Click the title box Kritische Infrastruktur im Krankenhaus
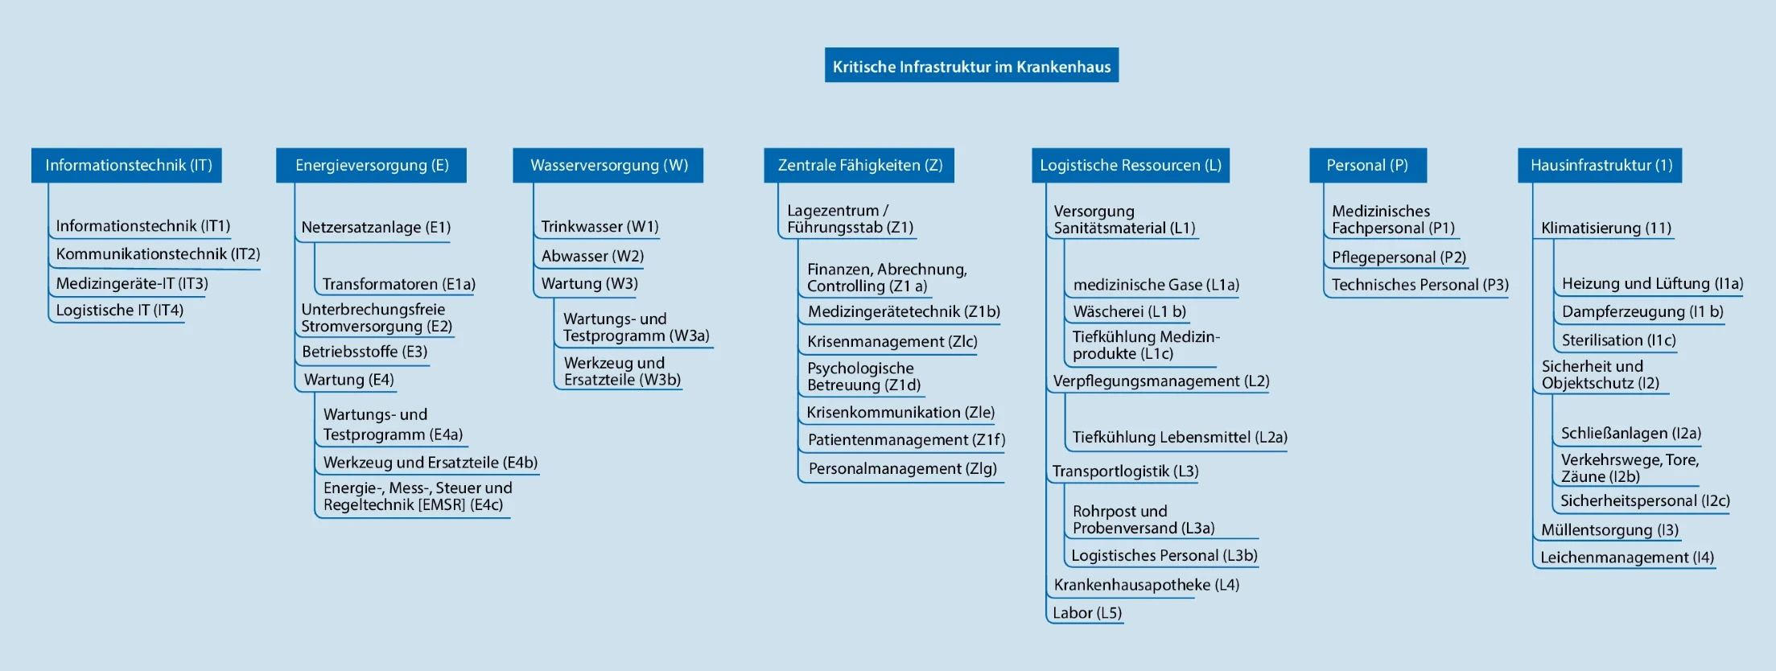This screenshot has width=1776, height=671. pos(971,65)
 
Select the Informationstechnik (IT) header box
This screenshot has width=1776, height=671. pos(126,165)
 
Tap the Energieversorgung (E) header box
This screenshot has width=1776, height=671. pos(371,165)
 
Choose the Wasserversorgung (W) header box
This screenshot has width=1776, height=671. pos(608,165)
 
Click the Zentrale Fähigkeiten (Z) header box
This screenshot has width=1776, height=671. pos(859,165)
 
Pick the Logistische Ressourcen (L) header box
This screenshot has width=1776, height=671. pos(1131,165)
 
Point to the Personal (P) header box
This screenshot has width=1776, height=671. pos(1368,165)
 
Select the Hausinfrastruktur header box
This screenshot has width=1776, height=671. pos(1600,165)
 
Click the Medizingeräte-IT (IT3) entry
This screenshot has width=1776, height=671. pos(132,283)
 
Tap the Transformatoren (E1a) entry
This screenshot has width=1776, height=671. pos(399,284)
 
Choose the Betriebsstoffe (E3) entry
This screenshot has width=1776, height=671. pos(365,352)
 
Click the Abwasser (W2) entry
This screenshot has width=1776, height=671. pos(592,256)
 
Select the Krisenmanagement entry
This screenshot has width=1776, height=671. pos(892,341)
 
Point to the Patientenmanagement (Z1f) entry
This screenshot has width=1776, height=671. pos(907,439)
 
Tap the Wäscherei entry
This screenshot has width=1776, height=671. pos(1130,311)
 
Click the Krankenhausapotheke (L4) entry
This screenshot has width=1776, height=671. pos(1147,585)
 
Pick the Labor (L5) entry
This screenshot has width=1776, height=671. pos(1087,613)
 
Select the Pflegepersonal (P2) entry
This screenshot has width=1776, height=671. pos(1399,257)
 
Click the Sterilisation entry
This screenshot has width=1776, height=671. pos(1619,340)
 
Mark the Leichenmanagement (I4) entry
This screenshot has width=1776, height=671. pos(1627,558)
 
